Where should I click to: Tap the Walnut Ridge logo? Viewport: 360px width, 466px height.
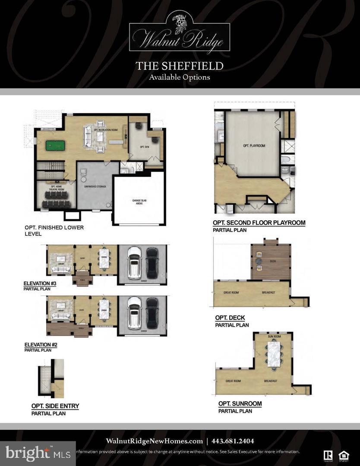[180, 36]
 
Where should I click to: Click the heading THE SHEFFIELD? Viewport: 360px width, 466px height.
[180, 66]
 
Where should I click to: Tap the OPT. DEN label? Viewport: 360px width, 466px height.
[145, 147]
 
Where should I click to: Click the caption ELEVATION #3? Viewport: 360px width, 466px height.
[40, 283]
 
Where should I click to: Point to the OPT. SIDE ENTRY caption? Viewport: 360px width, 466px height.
[55, 406]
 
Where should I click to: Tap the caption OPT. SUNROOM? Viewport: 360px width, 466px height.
[240, 404]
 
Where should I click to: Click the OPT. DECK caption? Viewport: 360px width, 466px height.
[230, 318]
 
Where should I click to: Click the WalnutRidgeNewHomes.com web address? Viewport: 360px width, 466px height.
[154, 441]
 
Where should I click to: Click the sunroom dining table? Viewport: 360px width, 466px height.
[273, 354]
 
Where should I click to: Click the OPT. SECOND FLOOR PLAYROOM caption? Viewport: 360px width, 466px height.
[259, 223]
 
